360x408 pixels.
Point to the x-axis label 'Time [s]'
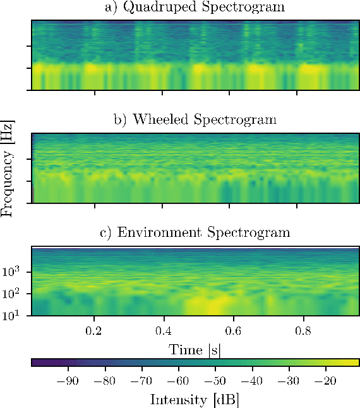click(194, 349)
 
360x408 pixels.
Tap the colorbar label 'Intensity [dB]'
click(194, 399)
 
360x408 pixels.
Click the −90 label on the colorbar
click(67, 381)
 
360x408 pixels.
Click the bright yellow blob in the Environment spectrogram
click(212, 306)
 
